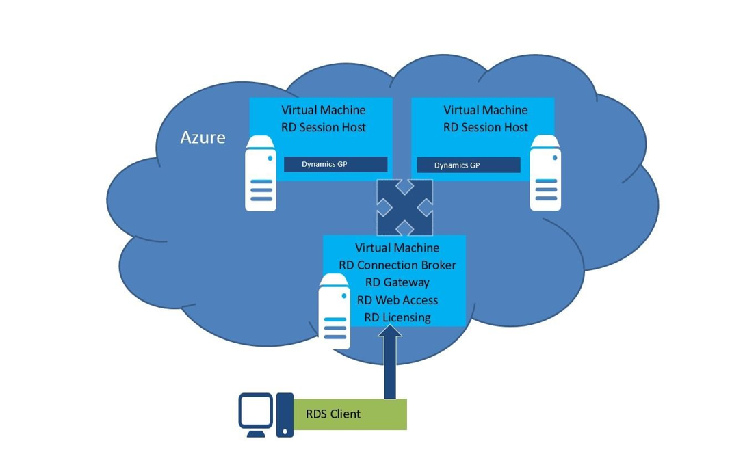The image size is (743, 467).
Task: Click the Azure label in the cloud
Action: [x=203, y=137]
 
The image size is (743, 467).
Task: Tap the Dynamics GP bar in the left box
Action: [x=335, y=164]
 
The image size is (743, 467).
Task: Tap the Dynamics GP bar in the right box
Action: [x=468, y=165]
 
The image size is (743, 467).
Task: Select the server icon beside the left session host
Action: [x=261, y=173]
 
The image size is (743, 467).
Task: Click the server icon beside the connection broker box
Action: [x=334, y=311]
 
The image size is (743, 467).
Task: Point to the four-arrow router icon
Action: [x=404, y=207]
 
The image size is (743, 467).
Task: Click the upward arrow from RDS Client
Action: [x=390, y=362]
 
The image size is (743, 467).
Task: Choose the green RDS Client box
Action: [x=350, y=414]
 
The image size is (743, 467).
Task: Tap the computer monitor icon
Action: [x=255, y=414]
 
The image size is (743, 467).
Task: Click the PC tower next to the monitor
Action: [x=285, y=415]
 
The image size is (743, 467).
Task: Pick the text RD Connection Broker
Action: [x=397, y=265]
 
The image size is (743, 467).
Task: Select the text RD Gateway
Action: [x=397, y=282]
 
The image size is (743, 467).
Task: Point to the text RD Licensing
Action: [x=397, y=317]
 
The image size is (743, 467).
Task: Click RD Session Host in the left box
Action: [x=324, y=127]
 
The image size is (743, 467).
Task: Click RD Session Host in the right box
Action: [x=486, y=127]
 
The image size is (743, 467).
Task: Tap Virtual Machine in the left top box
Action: [x=324, y=110]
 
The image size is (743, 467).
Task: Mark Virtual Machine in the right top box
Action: [x=486, y=110]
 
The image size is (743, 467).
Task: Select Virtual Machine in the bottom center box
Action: [x=397, y=248]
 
